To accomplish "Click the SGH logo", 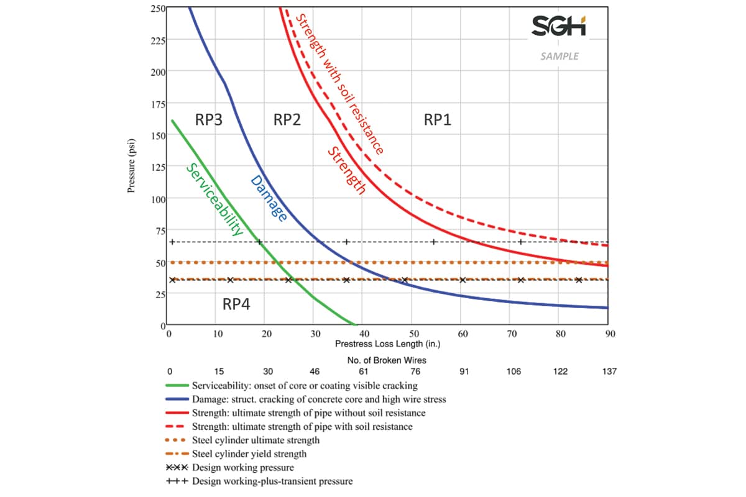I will (559, 26).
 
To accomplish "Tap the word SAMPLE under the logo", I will (559, 56).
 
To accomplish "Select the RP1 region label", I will (438, 120).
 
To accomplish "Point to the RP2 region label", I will (287, 120).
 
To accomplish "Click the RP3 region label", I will (209, 120).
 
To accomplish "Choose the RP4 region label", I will (236, 304).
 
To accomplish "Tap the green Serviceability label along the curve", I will (215, 199).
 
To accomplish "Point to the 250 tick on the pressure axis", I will (158, 8).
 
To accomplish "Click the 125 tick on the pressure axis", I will (158, 167).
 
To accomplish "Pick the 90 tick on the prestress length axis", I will (610, 334).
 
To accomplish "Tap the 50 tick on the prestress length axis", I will (415, 334).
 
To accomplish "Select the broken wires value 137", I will (609, 372).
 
